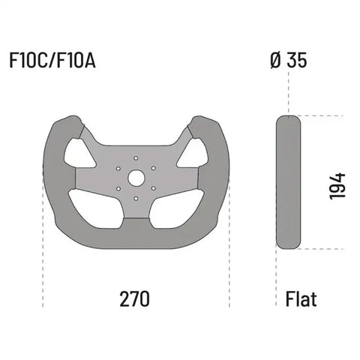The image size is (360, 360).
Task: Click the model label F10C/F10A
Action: tap(52, 61)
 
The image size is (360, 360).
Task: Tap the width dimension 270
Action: tap(135, 298)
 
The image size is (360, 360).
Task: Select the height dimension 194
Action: tap(337, 184)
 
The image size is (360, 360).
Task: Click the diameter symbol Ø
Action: tap(275, 61)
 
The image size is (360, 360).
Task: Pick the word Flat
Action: tap(301, 299)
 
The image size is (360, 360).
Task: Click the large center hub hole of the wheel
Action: tap(136, 178)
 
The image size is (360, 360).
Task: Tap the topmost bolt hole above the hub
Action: tap(136, 158)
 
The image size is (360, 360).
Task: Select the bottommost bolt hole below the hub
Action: tap(136, 199)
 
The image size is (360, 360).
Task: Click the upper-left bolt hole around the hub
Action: tap(118, 168)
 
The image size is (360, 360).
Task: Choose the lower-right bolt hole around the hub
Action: tap(153, 188)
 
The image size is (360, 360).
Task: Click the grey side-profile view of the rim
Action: tap(288, 182)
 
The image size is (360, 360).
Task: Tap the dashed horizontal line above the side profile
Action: tap(322, 115)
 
